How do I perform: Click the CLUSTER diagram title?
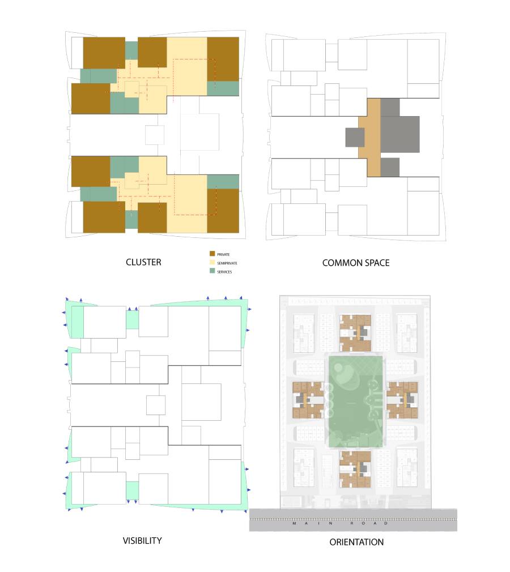point(143,262)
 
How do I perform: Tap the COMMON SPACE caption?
point(356,263)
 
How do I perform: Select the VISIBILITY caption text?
point(142,541)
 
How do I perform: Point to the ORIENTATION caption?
point(356,542)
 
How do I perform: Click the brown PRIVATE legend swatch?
point(212,254)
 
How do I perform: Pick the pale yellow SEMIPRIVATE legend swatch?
point(212,262)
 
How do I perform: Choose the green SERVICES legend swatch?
point(212,271)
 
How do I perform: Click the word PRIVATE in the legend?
point(223,254)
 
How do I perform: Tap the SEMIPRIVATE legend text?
point(227,263)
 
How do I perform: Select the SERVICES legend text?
point(224,272)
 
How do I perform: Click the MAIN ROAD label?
point(340,523)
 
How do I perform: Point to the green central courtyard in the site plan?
point(355,402)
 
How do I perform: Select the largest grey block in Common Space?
point(400,134)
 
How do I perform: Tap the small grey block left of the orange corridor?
point(355,138)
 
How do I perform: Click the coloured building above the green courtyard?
point(355,333)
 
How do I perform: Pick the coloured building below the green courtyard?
point(355,469)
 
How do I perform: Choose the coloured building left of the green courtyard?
point(308,400)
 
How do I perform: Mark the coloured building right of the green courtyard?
point(402,400)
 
